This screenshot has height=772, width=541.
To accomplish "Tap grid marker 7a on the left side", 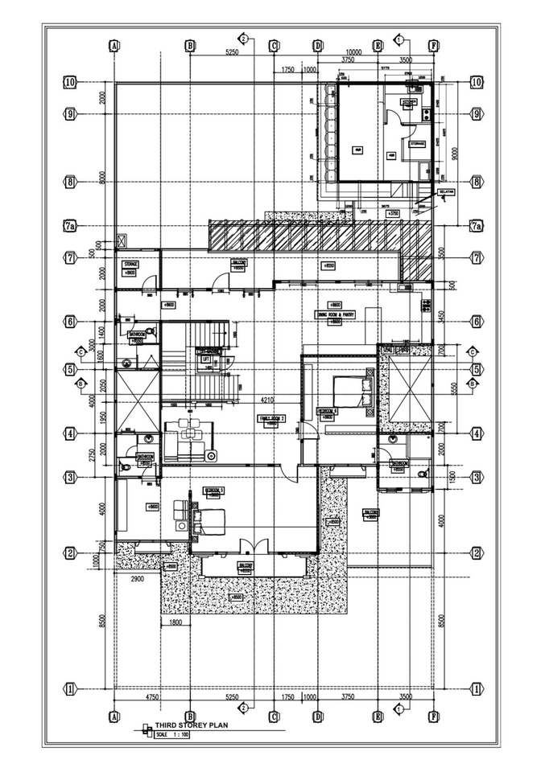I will click(x=70, y=226).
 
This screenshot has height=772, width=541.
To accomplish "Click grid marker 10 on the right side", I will click(x=476, y=82).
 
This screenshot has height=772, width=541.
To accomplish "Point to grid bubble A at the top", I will click(x=115, y=46).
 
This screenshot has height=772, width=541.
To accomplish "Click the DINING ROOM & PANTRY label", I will click(x=341, y=314).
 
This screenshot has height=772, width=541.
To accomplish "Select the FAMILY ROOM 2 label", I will click(x=272, y=418).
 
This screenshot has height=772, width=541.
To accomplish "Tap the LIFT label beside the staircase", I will click(x=206, y=359).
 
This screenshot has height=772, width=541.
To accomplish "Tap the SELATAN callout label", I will click(x=447, y=192).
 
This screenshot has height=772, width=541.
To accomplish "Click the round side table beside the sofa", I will click(x=211, y=456).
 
